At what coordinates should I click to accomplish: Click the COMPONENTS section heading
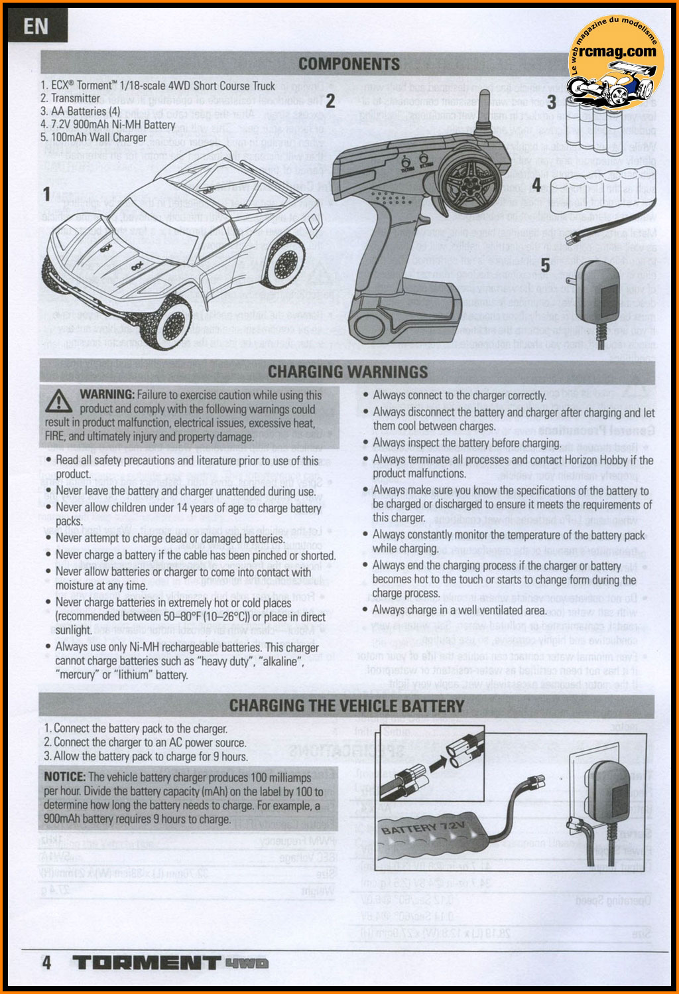(x=349, y=64)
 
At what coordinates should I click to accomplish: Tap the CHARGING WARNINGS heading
(x=348, y=371)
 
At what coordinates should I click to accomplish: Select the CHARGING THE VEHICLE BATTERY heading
(x=347, y=705)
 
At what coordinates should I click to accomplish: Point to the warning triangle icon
(x=60, y=401)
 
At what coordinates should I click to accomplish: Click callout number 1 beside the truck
(x=46, y=194)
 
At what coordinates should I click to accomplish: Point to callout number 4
(x=536, y=185)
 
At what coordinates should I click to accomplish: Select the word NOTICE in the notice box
(x=65, y=777)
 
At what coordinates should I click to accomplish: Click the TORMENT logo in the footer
(x=146, y=962)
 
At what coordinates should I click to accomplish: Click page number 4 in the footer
(x=46, y=962)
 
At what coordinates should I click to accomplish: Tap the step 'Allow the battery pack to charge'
(x=147, y=756)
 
